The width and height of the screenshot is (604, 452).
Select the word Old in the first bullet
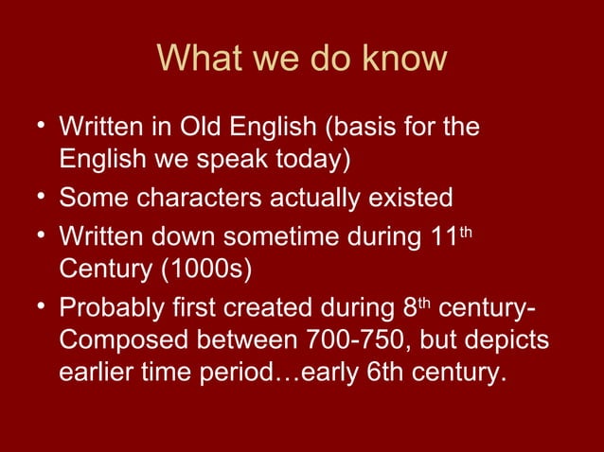[x=222, y=127]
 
